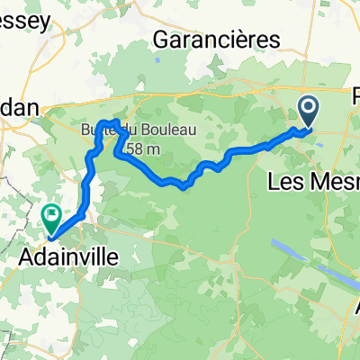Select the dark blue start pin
tap(308, 112)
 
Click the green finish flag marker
tap(51, 217)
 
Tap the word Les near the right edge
tap(285, 184)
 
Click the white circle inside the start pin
tap(308, 108)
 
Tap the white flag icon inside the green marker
tap(51, 214)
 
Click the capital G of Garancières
tap(163, 40)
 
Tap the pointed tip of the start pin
tap(308, 127)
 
